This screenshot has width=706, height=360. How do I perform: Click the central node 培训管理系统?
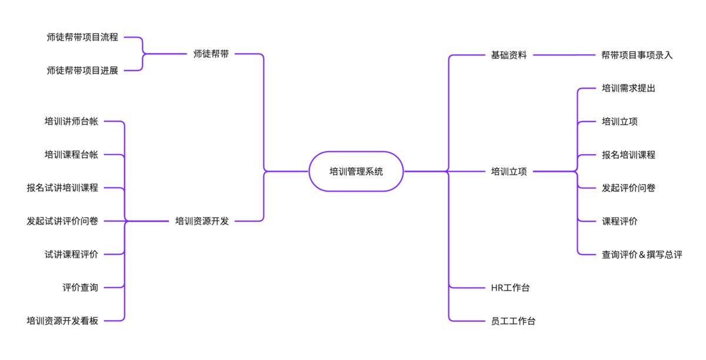(356, 172)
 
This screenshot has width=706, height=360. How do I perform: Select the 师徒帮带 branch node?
(211, 54)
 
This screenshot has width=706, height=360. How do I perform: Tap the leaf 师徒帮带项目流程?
(82, 37)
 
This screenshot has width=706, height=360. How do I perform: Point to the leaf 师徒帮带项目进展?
(82, 71)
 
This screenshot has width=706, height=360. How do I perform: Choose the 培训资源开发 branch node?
(202, 221)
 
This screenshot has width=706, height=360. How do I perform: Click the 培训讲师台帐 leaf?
(71, 122)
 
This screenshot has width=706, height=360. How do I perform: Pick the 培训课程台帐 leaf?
(71, 155)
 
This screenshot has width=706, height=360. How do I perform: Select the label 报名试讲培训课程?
(62, 188)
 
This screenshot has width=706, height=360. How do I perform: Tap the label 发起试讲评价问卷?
(62, 221)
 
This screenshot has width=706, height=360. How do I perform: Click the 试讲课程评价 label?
(71, 255)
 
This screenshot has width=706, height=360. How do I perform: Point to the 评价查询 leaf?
(80, 288)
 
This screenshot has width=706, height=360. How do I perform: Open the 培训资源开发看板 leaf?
(62, 321)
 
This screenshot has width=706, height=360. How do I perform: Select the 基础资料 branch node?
(509, 55)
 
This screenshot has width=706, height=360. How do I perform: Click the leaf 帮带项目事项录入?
(637, 55)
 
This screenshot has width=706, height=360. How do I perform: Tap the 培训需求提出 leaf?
(628, 89)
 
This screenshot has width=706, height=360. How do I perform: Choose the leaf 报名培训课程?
(628, 155)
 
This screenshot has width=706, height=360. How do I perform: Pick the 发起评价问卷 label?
(628, 188)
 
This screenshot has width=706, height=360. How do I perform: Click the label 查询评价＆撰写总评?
(642, 255)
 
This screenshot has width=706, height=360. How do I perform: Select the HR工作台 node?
(510, 288)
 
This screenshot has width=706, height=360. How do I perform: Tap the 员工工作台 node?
(513, 321)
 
